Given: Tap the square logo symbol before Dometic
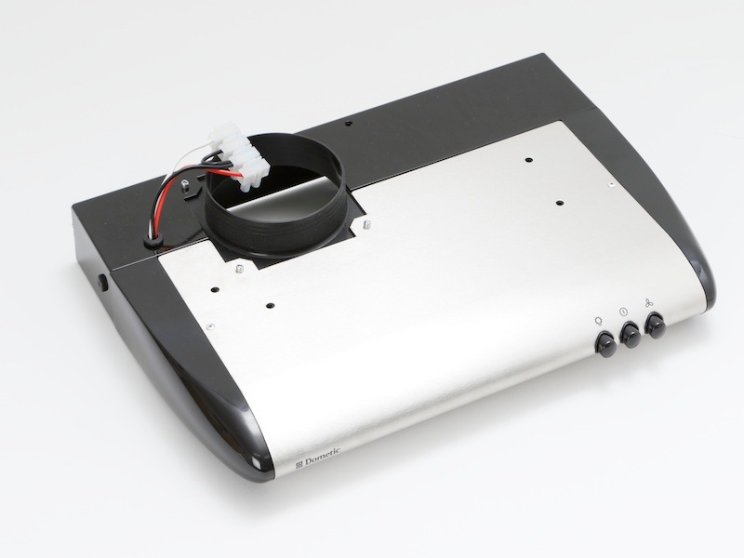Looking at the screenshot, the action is pyautogui.click(x=299, y=463).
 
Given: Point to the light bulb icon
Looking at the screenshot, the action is pyautogui.click(x=599, y=322).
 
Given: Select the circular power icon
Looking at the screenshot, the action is pyautogui.click(x=623, y=312).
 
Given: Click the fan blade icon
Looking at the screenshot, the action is pyautogui.click(x=648, y=302).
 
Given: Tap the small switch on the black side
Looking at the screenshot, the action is pyautogui.click(x=103, y=283).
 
